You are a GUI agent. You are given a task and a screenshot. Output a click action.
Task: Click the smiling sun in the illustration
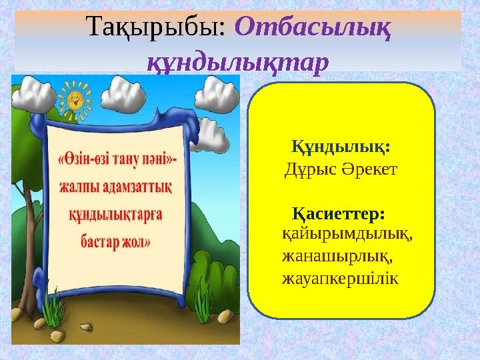pyautogui.click(x=75, y=98)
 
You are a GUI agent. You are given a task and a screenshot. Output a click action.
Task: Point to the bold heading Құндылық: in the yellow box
pyautogui.click(x=341, y=145)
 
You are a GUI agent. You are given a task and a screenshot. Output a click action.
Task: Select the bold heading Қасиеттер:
pyautogui.click(x=339, y=215)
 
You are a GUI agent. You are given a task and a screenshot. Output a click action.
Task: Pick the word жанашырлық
pyautogui.click(x=337, y=255)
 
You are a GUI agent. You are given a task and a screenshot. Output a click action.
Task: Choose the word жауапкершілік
pyautogui.click(x=340, y=277)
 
